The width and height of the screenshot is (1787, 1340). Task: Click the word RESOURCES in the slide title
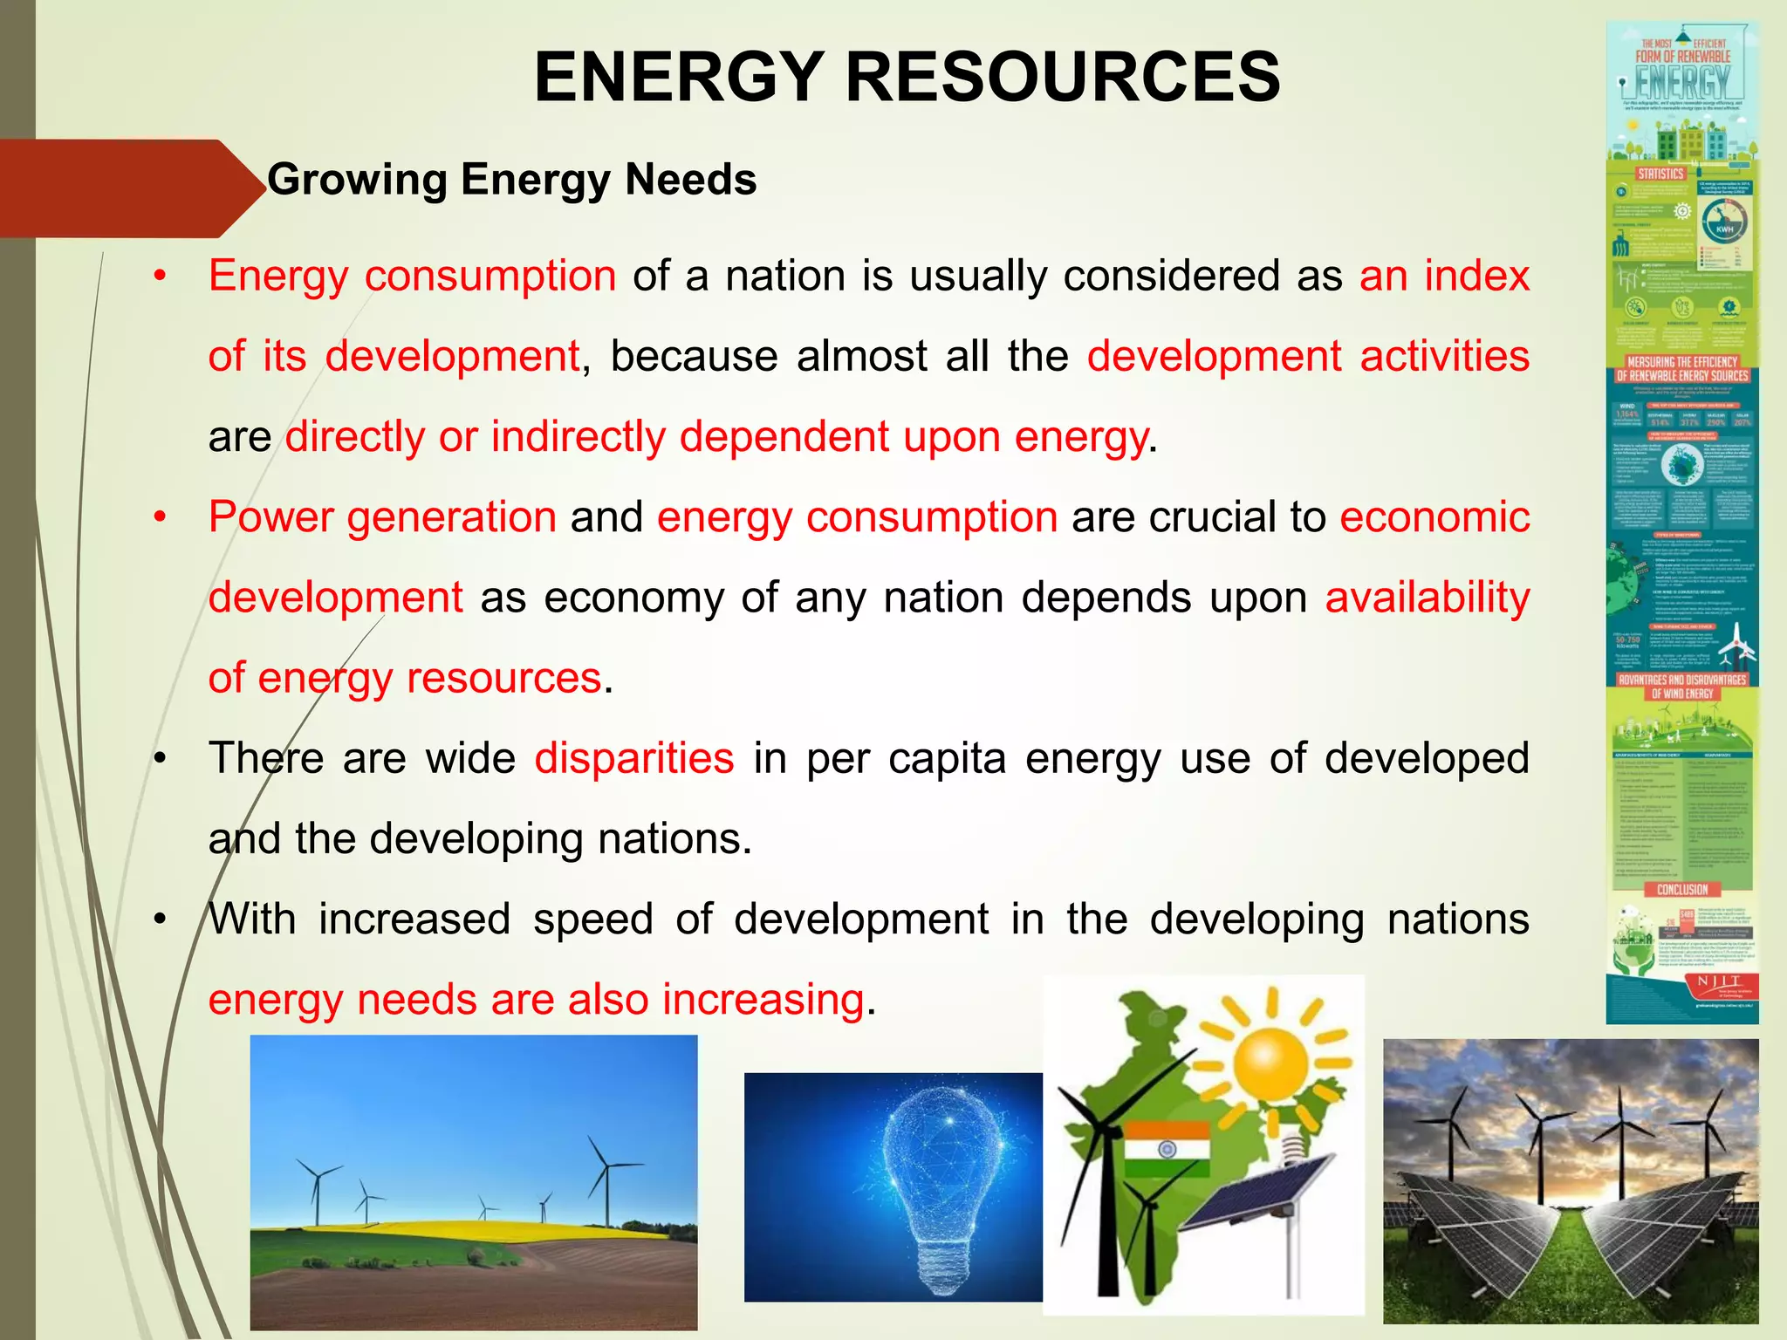tap(1063, 78)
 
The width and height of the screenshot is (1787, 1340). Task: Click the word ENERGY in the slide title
tap(680, 78)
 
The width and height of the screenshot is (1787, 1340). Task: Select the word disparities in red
tap(634, 757)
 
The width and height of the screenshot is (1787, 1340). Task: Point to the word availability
tap(1428, 598)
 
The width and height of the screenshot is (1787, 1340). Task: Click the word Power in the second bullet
tap(270, 516)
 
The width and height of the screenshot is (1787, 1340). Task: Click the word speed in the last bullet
tap(593, 919)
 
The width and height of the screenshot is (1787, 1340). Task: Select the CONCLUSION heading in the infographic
tap(1682, 890)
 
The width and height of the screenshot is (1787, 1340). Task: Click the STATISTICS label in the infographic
tap(1660, 174)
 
